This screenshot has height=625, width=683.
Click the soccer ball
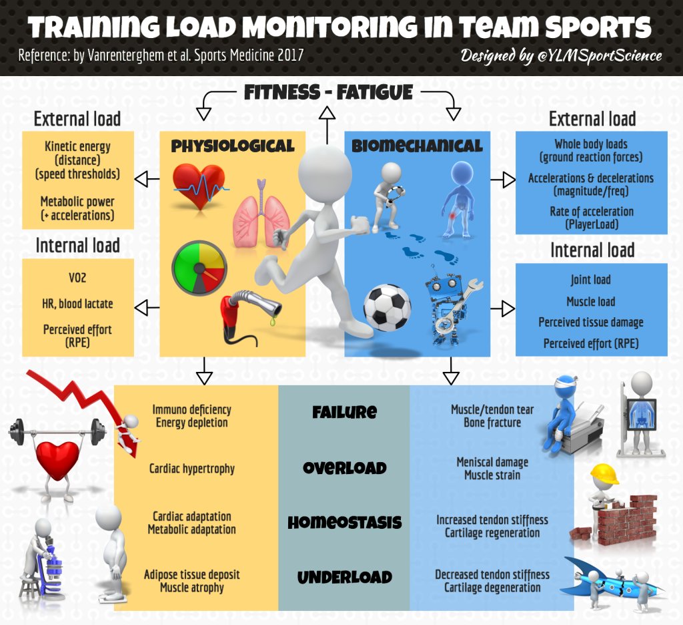point(387,308)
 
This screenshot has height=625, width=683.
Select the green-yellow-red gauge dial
point(199,267)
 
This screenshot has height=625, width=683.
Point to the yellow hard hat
point(604,475)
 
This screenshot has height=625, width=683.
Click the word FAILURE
point(344,412)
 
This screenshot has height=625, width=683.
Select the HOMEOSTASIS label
point(344,523)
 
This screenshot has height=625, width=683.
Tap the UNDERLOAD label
point(344,578)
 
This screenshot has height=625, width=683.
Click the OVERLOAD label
point(344,468)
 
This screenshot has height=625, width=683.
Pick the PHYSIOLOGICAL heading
point(233,146)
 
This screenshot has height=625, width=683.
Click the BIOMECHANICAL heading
point(417,146)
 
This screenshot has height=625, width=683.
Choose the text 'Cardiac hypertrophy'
point(191,469)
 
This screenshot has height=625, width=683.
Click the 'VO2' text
point(77,278)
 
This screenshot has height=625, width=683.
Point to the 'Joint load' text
point(591,280)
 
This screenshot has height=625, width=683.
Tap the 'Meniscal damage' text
point(492,462)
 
